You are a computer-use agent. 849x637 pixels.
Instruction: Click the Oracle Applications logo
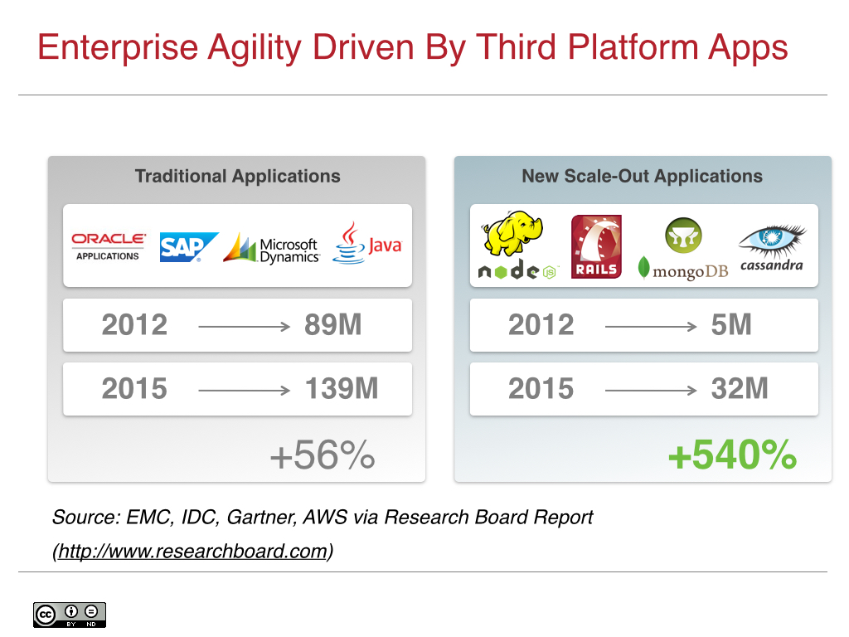pos(108,246)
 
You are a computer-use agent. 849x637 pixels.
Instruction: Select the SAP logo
pos(188,247)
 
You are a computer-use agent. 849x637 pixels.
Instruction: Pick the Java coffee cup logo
pos(366,243)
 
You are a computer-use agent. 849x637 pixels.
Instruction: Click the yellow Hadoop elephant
pos(512,234)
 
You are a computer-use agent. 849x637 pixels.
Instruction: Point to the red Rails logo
pos(596,246)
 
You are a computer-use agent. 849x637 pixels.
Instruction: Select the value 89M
pos(333,325)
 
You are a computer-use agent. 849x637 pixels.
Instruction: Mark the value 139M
pos(342,388)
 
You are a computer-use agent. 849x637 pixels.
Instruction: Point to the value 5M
pos(731,325)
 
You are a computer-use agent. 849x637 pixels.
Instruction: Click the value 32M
pos(740,388)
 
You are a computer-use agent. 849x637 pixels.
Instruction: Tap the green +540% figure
pos(732,455)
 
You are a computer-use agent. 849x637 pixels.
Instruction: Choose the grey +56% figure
pos(322,455)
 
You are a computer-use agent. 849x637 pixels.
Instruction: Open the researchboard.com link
pos(192,551)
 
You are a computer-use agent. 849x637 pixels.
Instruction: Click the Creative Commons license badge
pos(70,615)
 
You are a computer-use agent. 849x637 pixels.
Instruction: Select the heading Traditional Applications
pos(237,176)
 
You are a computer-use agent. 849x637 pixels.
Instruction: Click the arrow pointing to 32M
pos(650,390)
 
